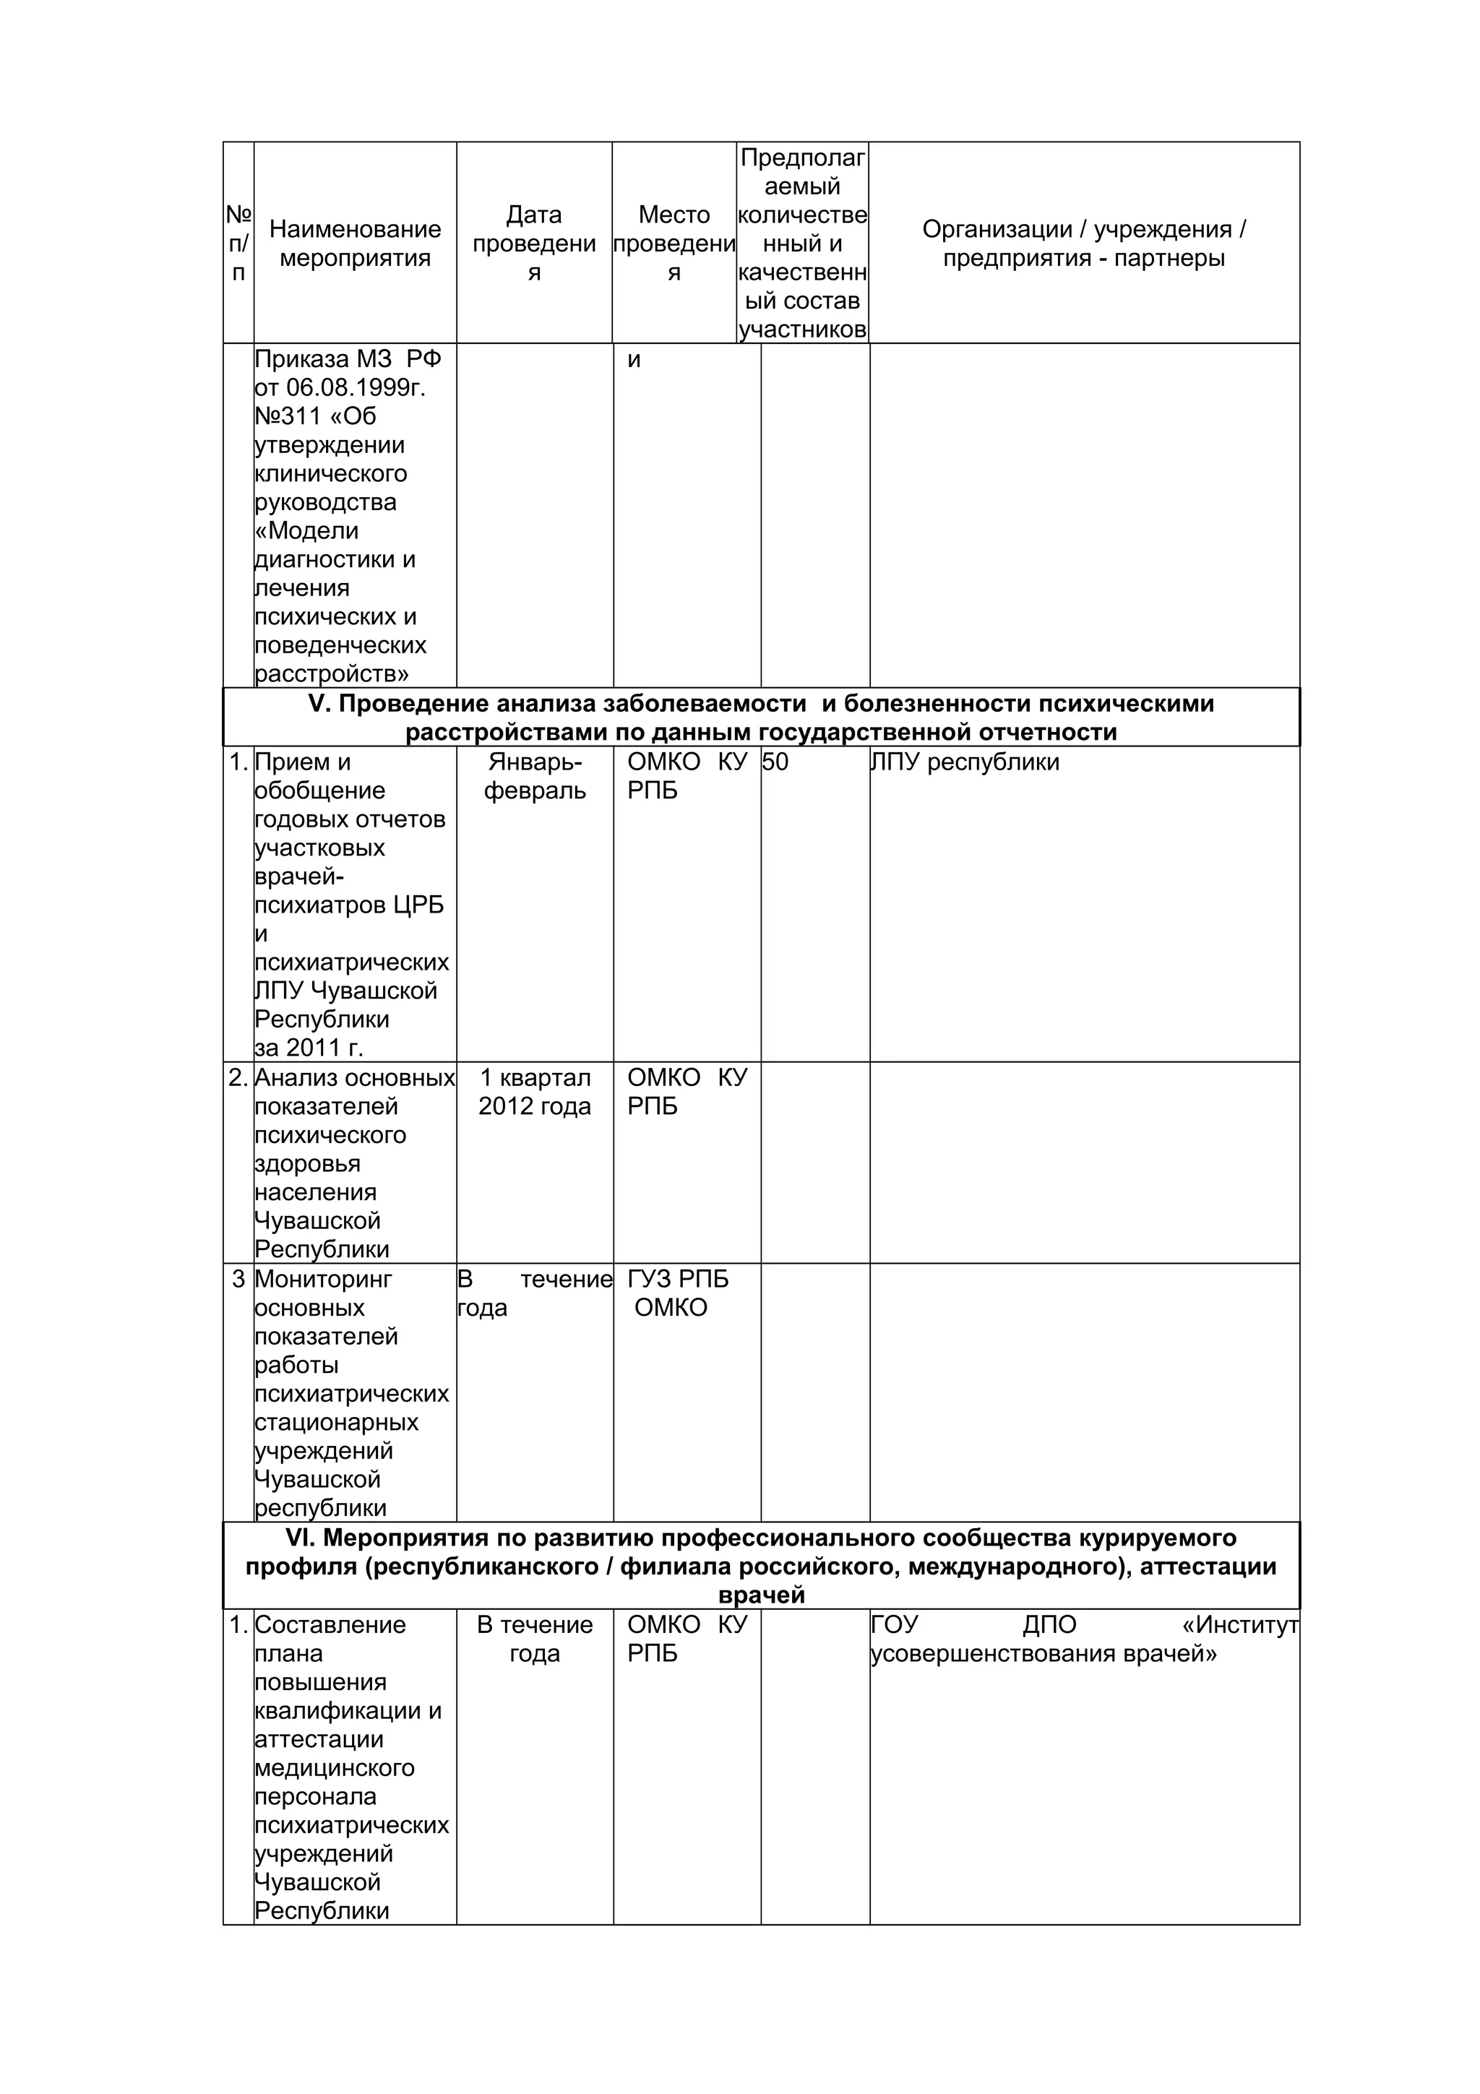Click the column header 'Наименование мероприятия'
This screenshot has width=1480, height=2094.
355,244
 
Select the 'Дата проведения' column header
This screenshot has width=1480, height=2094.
534,244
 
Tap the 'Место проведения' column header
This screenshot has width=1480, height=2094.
674,244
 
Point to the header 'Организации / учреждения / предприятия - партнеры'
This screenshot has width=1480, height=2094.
1083,244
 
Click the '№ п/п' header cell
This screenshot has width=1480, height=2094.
238,244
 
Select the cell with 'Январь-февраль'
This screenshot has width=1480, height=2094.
534,776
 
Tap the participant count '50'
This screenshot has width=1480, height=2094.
775,762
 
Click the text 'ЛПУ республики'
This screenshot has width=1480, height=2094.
965,762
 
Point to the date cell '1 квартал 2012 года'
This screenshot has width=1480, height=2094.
534,1092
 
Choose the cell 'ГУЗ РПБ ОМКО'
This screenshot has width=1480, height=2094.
678,1293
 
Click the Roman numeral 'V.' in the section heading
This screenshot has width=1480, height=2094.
318,704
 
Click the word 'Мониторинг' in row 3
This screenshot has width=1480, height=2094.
323,1280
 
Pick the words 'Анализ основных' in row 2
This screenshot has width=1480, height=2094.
354,1078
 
